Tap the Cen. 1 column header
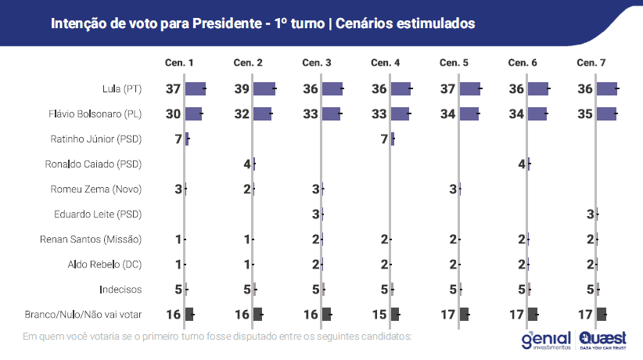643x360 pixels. point(179,62)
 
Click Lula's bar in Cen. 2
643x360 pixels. point(264,89)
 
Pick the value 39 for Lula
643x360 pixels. point(242,89)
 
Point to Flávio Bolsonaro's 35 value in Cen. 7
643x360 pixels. point(585,114)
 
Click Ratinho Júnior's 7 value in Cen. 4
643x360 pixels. point(384,139)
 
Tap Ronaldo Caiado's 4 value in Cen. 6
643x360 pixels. point(522,164)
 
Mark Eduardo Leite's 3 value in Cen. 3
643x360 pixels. point(315,214)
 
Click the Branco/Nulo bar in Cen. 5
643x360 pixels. point(465,314)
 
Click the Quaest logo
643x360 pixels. point(603,338)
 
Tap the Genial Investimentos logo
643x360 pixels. point(547,338)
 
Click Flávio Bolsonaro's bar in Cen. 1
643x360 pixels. point(193,114)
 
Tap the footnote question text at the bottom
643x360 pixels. point(217,337)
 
